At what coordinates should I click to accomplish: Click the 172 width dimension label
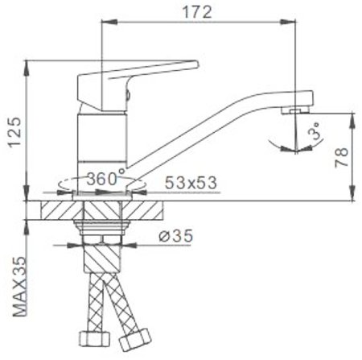[197, 12]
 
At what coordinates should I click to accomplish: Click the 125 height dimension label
[14, 132]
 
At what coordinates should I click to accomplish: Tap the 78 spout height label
[342, 158]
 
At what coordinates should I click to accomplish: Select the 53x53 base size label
[191, 183]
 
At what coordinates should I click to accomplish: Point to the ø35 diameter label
[176, 236]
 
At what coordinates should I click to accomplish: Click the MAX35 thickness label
[20, 287]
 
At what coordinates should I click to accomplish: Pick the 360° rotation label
[106, 177]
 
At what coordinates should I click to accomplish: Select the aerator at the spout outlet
[294, 110]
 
